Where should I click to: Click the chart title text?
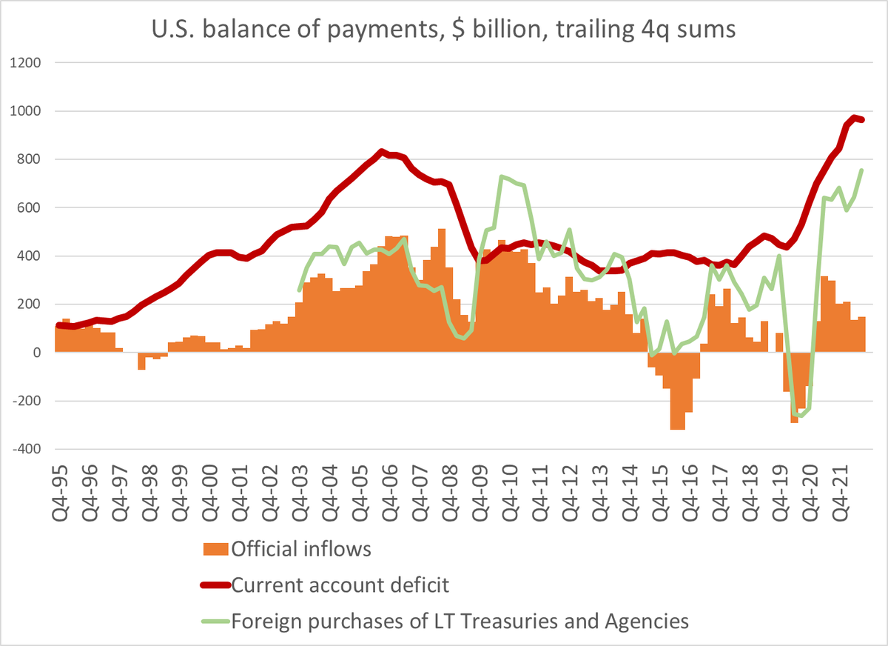point(444,32)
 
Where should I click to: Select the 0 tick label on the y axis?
point(35,353)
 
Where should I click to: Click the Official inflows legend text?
point(301,549)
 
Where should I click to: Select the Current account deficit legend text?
point(340,585)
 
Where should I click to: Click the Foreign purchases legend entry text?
point(460,621)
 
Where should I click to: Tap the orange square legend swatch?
point(215,550)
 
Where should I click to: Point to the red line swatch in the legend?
point(215,585)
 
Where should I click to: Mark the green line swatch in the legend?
point(215,621)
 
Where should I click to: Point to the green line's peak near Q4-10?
point(502,176)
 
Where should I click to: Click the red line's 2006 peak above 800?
point(381,152)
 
